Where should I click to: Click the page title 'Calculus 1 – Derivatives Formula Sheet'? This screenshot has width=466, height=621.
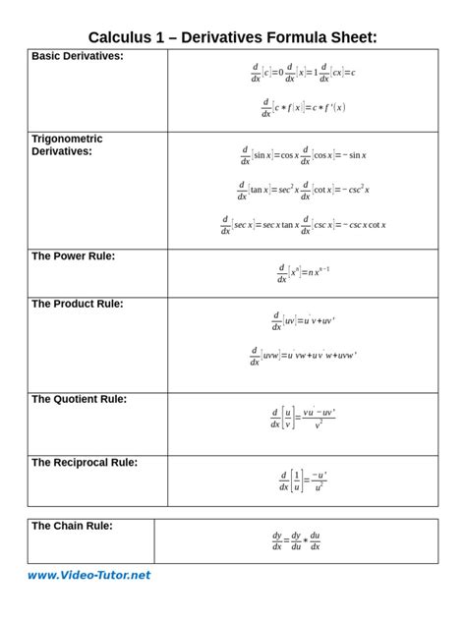point(233,37)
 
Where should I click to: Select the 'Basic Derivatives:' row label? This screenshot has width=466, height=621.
point(78,56)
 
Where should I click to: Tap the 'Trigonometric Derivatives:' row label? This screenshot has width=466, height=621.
point(67,145)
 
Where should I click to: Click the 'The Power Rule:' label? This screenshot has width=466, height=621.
point(74,255)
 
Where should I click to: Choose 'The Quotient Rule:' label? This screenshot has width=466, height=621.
point(80,399)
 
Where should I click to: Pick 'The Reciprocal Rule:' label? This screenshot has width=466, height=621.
point(85,462)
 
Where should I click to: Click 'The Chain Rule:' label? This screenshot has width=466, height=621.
point(72,526)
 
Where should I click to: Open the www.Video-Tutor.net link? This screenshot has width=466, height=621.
point(89,575)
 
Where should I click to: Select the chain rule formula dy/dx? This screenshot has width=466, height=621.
point(296,541)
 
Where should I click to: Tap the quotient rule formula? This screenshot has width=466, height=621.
point(303,418)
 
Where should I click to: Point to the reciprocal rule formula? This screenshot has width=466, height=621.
point(303,480)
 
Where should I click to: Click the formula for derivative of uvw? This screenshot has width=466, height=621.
point(303,355)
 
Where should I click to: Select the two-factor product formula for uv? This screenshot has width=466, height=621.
point(303,320)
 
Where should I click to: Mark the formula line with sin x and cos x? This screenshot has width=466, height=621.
point(303,154)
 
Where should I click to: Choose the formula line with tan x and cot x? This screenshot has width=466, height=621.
point(303,189)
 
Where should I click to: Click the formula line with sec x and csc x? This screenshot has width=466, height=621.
point(303,224)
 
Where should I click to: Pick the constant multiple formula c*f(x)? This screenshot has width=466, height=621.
point(303,108)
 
